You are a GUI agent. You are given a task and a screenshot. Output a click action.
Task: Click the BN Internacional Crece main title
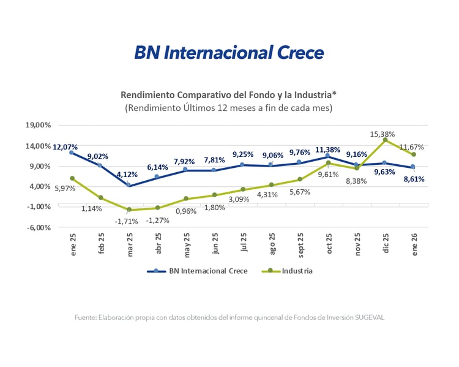[x=229, y=53]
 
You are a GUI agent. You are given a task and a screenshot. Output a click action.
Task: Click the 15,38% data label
[x=382, y=134]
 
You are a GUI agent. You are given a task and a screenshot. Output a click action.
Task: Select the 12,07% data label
[x=65, y=147]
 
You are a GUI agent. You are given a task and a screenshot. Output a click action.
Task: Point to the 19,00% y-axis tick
[x=38, y=125]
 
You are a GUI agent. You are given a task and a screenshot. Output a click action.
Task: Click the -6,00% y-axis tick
[x=38, y=227]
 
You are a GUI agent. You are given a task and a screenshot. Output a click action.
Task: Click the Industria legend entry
[x=297, y=271]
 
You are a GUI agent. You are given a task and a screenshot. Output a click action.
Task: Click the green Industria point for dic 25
[x=386, y=140]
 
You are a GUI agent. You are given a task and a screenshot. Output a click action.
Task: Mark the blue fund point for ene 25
[x=72, y=153]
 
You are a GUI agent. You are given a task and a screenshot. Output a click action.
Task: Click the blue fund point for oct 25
[x=328, y=156]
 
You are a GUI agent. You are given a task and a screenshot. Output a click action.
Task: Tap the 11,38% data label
[x=328, y=149]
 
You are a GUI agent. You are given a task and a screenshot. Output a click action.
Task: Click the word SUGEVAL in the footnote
[x=368, y=317]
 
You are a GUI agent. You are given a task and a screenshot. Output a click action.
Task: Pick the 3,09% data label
[x=239, y=199]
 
